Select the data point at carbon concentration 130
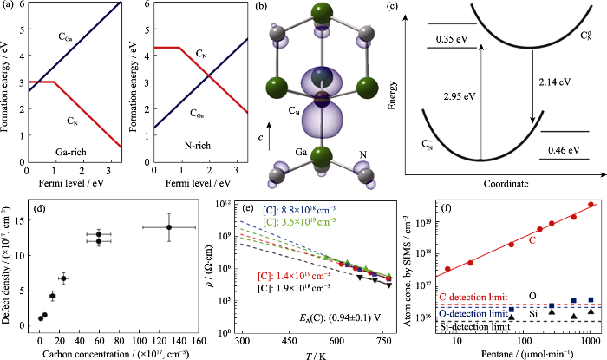click(x=169, y=251)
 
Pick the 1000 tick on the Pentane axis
click(x=591, y=340)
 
